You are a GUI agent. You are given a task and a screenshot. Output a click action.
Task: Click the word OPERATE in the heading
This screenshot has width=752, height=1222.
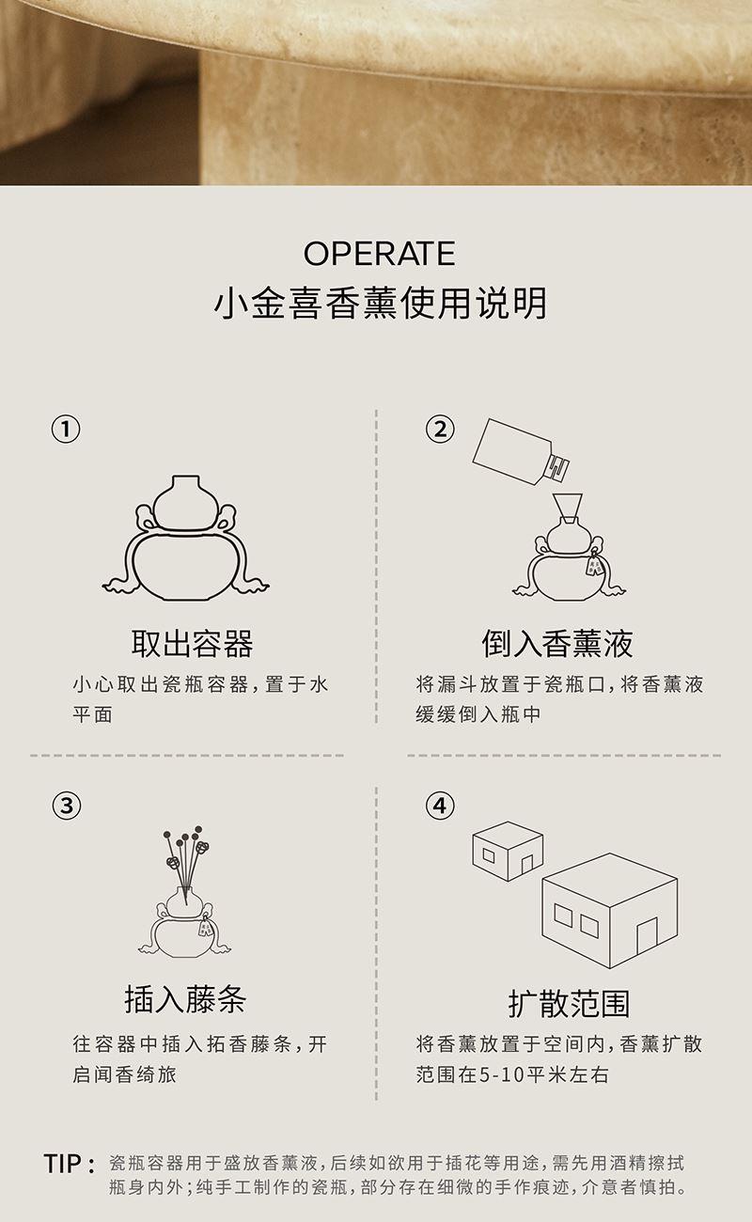click(379, 254)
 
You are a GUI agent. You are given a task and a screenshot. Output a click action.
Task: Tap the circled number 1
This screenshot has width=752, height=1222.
click(66, 429)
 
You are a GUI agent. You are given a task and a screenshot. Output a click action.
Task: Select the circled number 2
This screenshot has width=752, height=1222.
click(440, 429)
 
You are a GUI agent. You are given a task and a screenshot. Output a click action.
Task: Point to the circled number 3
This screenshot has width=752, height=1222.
click(66, 806)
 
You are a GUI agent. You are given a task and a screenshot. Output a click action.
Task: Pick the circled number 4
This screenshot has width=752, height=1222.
click(440, 806)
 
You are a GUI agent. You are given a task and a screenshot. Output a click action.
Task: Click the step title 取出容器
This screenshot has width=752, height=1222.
click(192, 644)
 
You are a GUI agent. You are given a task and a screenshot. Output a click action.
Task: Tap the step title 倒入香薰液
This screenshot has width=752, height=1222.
click(557, 644)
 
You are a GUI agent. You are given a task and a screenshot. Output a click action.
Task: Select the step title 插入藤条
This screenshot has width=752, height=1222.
click(185, 999)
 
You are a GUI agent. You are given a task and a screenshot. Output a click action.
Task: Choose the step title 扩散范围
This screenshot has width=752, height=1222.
click(569, 1003)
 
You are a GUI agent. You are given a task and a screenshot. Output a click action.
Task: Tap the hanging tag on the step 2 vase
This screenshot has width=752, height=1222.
click(594, 564)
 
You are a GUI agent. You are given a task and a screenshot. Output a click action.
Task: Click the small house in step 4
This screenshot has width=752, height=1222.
click(508, 851)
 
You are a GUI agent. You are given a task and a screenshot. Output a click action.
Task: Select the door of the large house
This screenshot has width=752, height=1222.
click(648, 935)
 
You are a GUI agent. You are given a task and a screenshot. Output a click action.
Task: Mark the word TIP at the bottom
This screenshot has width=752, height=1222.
click(63, 1164)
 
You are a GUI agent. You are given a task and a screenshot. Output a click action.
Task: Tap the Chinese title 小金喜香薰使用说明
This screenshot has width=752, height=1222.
click(380, 304)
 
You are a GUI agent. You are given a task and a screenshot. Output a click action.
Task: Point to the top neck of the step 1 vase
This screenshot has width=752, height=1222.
click(185, 483)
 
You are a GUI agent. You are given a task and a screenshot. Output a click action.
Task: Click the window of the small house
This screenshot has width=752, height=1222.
click(489, 855)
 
